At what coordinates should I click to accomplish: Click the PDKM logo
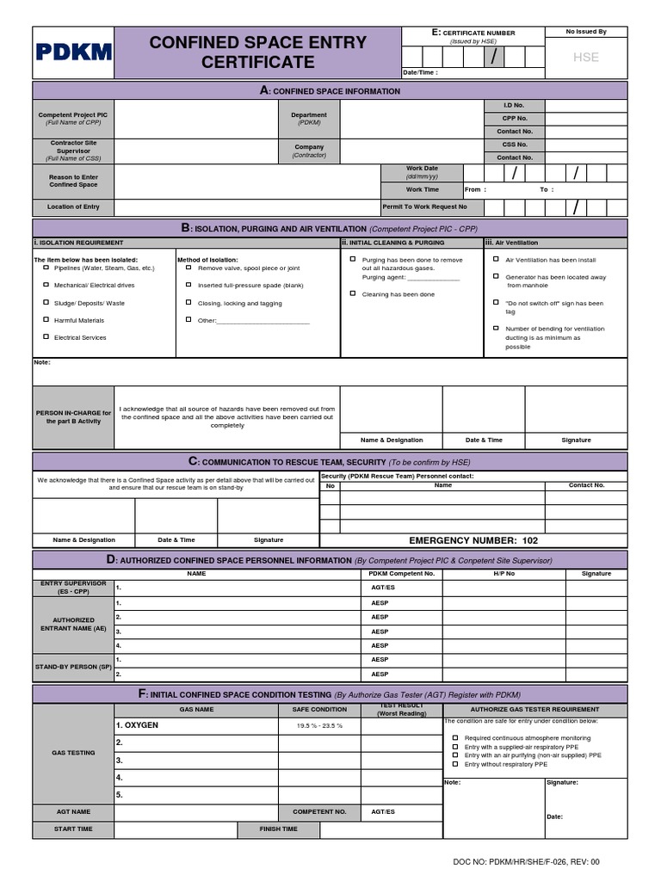[x=74, y=52]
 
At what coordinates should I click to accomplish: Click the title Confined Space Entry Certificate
[x=258, y=52]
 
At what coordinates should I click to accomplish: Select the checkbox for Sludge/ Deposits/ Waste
[x=46, y=303]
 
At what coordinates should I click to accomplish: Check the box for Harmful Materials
[x=46, y=320]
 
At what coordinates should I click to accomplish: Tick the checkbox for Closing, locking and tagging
[x=188, y=303]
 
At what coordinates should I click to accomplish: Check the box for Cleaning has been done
[x=352, y=294]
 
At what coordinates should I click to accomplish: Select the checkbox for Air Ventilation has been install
[x=496, y=259]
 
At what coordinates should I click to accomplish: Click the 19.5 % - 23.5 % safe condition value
[x=319, y=726]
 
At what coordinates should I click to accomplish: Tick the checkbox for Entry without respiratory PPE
[x=455, y=764]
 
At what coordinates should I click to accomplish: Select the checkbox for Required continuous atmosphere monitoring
[x=455, y=738]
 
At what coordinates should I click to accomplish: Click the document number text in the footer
[x=526, y=861]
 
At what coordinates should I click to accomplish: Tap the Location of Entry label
[x=74, y=207]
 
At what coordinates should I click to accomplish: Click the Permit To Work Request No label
[x=425, y=207]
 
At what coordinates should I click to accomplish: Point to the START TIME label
[x=73, y=829]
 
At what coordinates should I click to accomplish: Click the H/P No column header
[x=504, y=573]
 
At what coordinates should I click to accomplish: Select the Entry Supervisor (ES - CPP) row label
[x=73, y=587]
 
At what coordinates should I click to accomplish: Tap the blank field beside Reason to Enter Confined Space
[x=247, y=182]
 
